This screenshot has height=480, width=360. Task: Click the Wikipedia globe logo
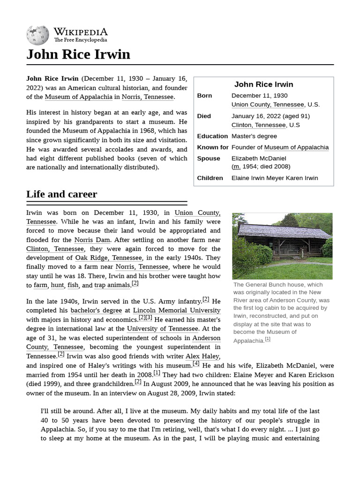[x=37, y=35]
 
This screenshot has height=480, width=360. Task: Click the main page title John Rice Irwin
[x=78, y=54]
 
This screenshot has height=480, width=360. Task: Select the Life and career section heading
[x=61, y=194]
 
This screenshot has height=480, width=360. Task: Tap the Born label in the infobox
[x=204, y=96]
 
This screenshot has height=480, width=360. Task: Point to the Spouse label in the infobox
[x=209, y=158]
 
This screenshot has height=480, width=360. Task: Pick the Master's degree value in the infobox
[x=254, y=136]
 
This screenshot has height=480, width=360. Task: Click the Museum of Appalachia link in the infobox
[x=296, y=147]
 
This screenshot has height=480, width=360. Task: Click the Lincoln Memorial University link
[x=177, y=310]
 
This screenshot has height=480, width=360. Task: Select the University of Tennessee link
[x=162, y=329]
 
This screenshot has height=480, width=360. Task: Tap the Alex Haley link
[x=202, y=356]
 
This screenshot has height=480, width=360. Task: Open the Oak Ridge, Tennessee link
[x=108, y=258]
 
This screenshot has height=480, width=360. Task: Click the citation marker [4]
[x=196, y=363]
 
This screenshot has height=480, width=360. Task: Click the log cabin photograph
[x=282, y=246]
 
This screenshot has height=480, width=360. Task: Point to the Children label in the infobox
[x=210, y=178]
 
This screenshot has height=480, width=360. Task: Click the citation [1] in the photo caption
[x=268, y=339]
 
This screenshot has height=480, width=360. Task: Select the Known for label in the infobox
[x=212, y=147]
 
